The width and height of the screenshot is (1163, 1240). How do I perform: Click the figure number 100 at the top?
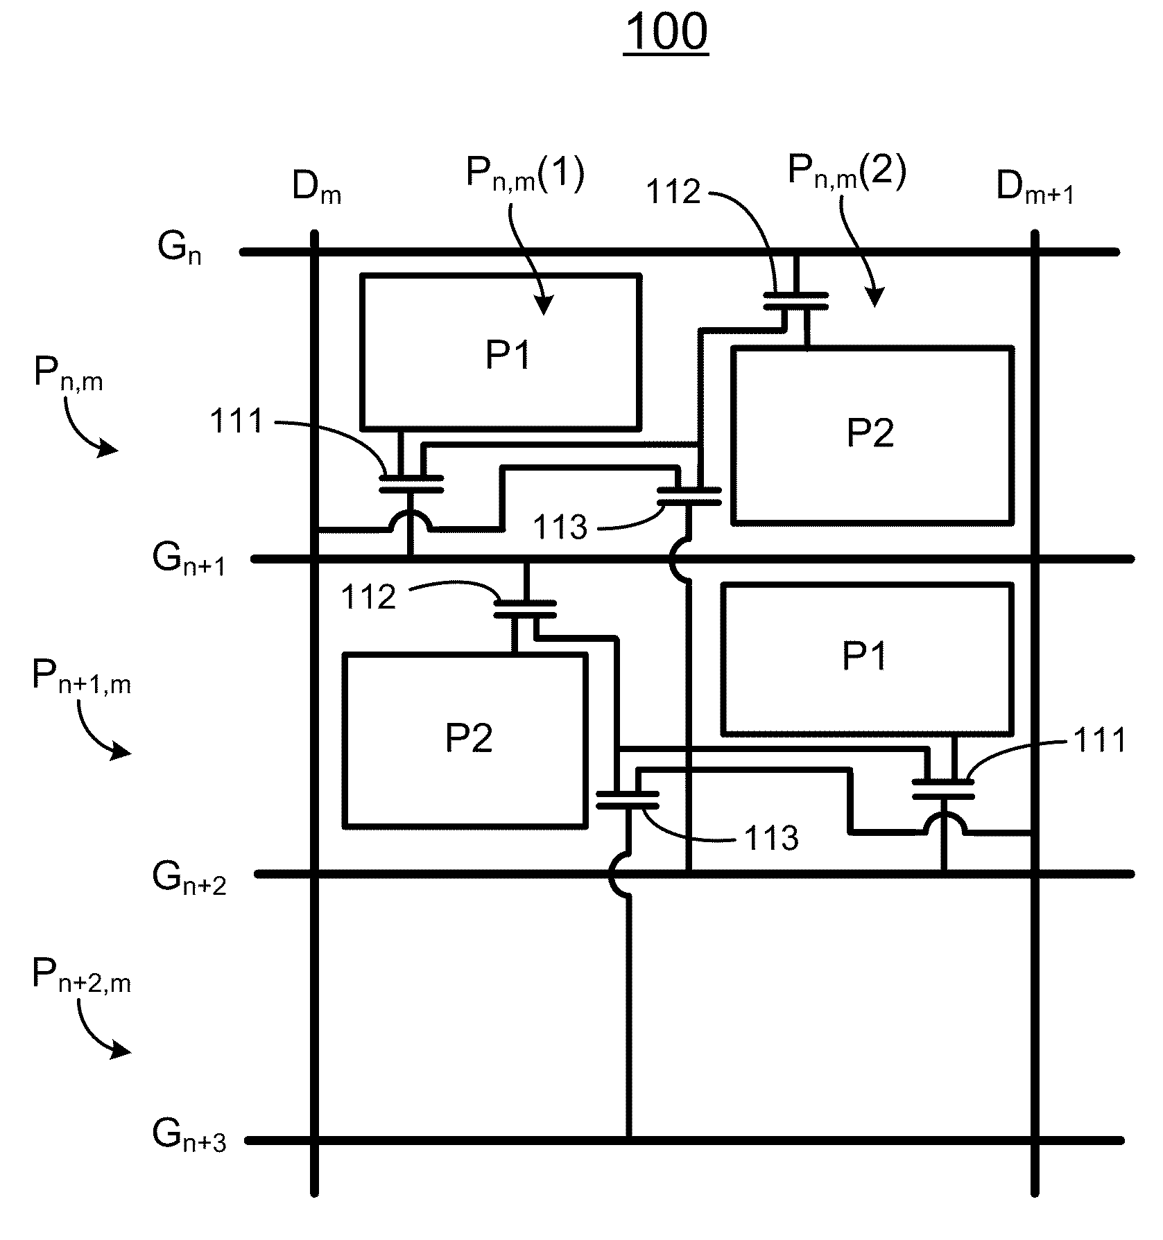pos(666,32)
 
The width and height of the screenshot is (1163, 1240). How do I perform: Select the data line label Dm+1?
pos(1035,187)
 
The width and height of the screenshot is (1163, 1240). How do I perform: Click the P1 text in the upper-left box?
pos(508,356)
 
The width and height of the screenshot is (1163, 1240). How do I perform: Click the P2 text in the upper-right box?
pos(870,433)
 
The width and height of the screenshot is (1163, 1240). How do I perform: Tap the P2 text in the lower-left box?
pos(469,738)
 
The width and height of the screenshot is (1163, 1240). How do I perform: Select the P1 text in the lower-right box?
pos(864,656)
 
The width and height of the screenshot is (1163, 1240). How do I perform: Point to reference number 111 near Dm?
pos(237,421)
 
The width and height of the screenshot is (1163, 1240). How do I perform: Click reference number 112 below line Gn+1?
pos(368,597)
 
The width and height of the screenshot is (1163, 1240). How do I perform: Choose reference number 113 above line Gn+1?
pos(560,527)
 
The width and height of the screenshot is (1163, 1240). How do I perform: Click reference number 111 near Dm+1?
pos(1100,741)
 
